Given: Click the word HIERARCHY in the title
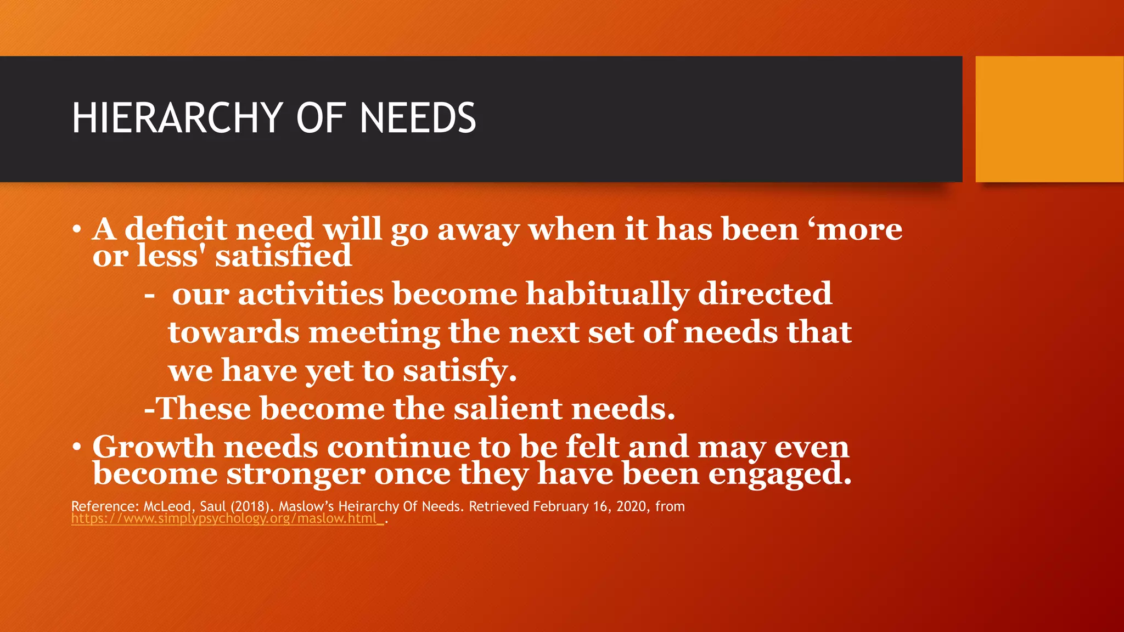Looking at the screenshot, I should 177,118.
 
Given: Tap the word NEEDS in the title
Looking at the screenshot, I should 418,118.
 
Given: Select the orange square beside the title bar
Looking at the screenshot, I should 1049,119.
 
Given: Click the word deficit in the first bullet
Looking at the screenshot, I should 176,229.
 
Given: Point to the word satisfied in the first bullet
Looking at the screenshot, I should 283,256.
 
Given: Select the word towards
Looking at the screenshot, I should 234,332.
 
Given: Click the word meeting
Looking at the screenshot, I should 374,333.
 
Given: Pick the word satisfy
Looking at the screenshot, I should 460,371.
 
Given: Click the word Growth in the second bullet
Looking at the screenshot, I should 153,447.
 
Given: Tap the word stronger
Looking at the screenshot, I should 296,473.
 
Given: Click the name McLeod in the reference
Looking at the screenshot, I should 167,506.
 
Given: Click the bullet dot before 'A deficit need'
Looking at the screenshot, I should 77,229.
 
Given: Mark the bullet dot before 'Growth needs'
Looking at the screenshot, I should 77,447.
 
